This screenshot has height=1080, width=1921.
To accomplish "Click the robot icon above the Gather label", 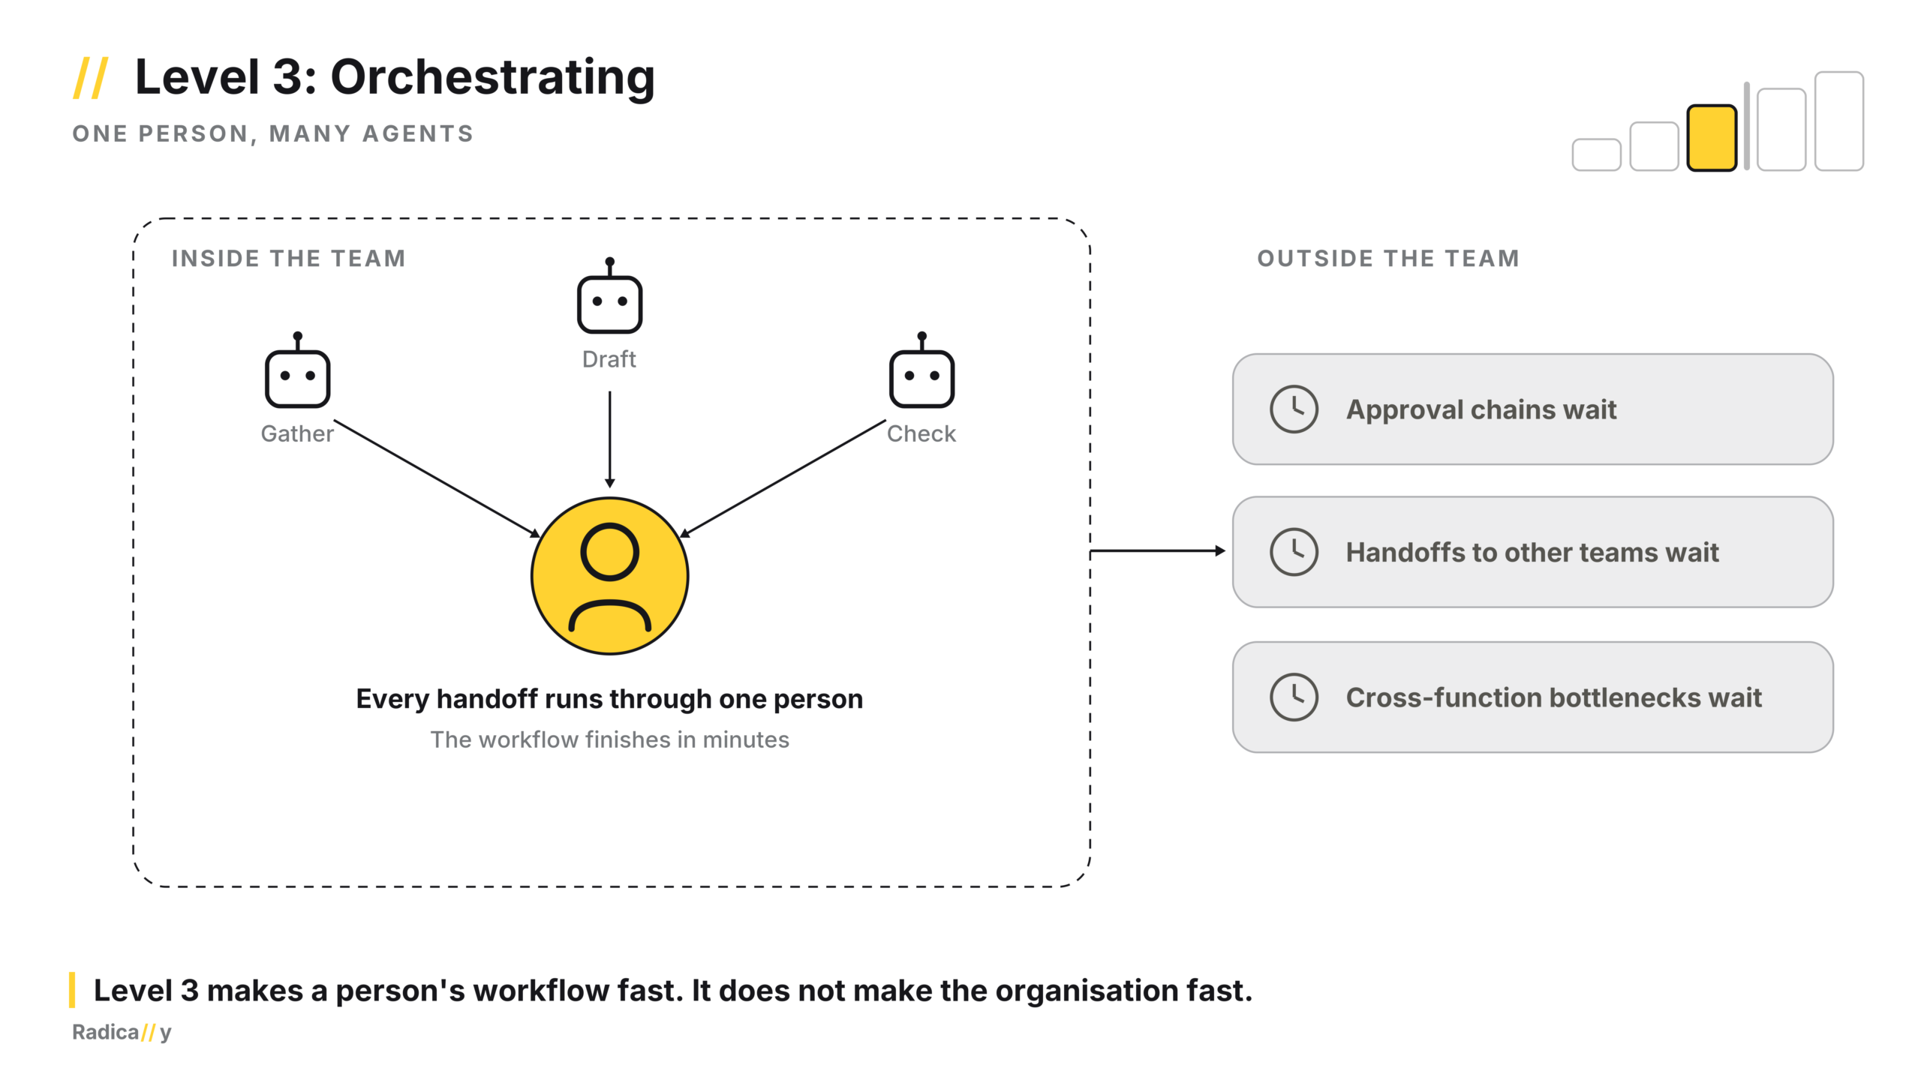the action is (297, 370).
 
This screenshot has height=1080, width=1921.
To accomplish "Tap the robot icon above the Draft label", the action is (609, 296).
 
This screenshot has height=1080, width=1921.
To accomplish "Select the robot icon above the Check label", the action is (921, 370).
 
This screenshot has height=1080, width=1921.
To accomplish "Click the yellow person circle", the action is (609, 576).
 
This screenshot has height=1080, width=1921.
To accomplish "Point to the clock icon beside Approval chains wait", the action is (1294, 409).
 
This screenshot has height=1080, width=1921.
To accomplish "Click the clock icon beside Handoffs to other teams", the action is (1294, 552).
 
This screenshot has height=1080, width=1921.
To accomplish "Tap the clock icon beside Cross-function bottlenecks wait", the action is (1294, 697).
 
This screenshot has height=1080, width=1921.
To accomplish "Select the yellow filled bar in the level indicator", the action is (1712, 138).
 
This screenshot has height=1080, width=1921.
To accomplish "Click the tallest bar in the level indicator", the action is (1839, 121).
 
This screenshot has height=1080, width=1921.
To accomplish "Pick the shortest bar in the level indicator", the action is (1596, 154).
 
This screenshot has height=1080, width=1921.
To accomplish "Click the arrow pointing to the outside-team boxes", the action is (1158, 551).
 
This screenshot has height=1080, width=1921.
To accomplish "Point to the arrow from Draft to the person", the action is (609, 439).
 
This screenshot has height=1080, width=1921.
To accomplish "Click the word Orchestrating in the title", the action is (492, 79).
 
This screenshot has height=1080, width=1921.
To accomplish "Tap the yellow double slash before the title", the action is (91, 78).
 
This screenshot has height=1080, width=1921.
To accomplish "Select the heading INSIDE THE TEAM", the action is (289, 259).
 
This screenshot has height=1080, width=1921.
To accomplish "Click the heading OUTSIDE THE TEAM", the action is (1388, 259).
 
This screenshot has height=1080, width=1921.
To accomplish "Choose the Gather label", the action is (297, 434).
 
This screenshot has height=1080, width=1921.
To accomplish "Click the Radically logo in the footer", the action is (122, 1033).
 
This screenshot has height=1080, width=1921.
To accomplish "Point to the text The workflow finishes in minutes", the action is (609, 739).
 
